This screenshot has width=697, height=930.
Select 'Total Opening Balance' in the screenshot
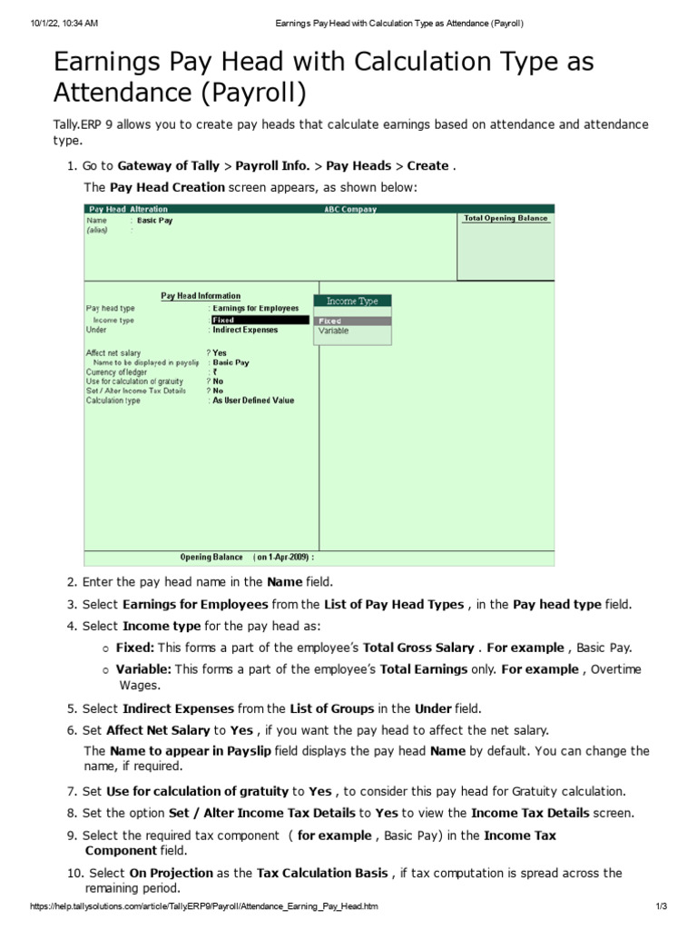[506, 219]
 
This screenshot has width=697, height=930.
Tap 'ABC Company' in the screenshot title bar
[350, 210]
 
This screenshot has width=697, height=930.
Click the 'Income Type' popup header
[352, 301]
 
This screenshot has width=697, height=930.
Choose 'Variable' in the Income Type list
[333, 331]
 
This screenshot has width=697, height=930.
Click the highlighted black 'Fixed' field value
[259, 320]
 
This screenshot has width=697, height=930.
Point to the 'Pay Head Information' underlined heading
[201, 295]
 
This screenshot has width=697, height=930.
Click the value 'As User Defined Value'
[253, 401]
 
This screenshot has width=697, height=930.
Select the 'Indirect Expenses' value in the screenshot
[248, 331]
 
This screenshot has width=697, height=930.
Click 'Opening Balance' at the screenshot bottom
[211, 557]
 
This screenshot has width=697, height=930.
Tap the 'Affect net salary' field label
[113, 352]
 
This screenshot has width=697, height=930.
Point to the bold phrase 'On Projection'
[171, 873]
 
